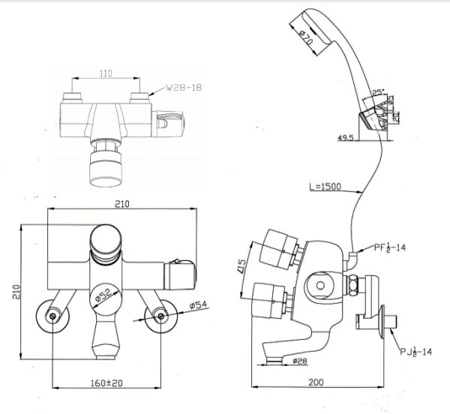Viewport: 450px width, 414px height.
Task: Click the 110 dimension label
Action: [x=105, y=74]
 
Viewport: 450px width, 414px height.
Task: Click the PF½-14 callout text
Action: [x=391, y=246]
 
